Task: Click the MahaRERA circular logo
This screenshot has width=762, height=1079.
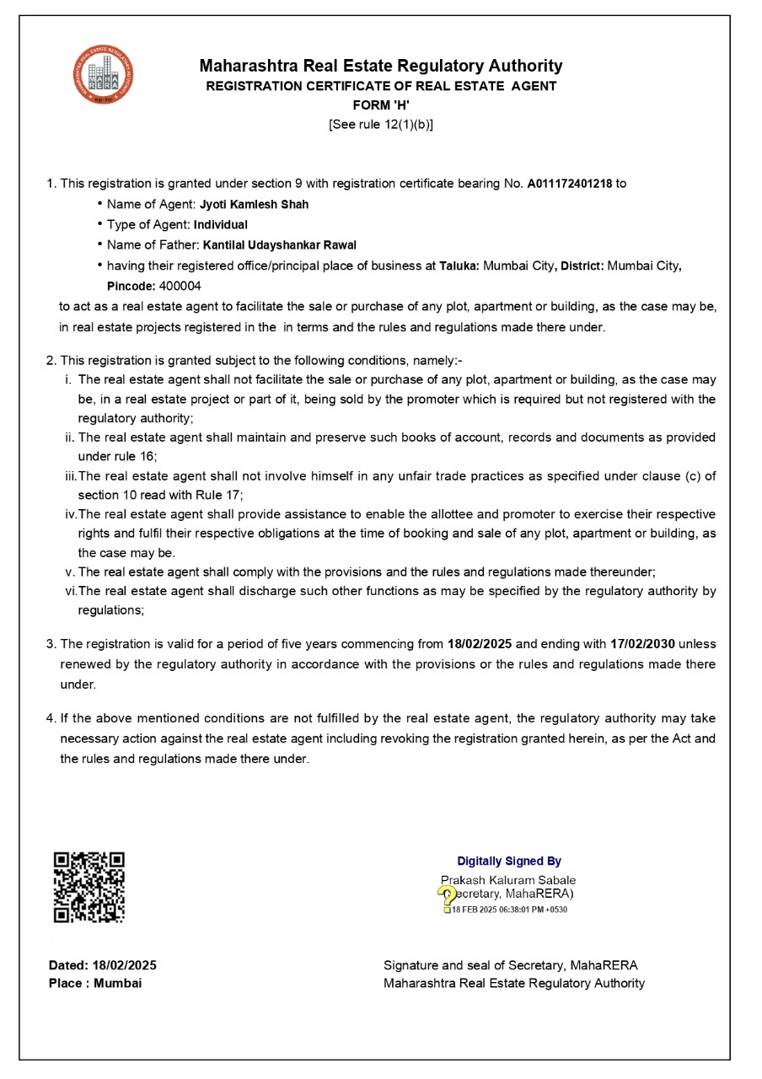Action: (103, 75)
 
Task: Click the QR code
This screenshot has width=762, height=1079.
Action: (89, 887)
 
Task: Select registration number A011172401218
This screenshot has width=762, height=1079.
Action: (571, 184)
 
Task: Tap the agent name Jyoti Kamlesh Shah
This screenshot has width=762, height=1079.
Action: (254, 205)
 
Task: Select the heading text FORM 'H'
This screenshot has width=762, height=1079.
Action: (381, 105)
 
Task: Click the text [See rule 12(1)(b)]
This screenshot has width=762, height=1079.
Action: (381, 125)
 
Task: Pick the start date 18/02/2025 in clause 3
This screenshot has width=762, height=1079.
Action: (480, 644)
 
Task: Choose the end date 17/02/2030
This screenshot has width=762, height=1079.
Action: (642, 644)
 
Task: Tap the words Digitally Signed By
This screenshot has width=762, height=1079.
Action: (509, 862)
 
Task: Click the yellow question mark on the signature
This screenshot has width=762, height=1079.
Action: (446, 897)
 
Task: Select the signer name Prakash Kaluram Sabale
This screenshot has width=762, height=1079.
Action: (508, 880)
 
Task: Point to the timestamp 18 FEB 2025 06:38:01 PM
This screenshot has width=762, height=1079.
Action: (509, 910)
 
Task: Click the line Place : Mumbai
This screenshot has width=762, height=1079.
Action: (95, 983)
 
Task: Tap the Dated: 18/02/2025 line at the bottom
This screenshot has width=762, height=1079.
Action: (103, 965)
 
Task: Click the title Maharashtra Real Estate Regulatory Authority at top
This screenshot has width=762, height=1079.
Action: (381, 66)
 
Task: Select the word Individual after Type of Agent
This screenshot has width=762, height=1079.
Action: (221, 225)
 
